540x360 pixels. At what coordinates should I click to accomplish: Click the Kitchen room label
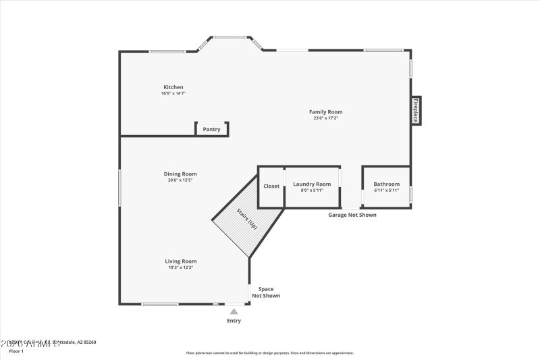[x=173, y=87]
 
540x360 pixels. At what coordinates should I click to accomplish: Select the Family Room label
[x=325, y=112]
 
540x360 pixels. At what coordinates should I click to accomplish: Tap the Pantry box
[x=211, y=129]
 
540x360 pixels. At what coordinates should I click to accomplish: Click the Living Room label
[x=181, y=261]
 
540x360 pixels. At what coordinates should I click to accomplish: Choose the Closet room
[x=271, y=186]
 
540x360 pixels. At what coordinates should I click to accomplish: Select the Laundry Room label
[x=311, y=184]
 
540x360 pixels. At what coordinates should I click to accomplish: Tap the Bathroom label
[x=387, y=184]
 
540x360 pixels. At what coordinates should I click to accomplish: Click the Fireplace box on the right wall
[x=416, y=110]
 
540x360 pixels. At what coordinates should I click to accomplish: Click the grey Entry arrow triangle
[x=234, y=311]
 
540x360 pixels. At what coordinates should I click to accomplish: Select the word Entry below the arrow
[x=234, y=321]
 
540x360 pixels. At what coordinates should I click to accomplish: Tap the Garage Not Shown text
[x=352, y=215]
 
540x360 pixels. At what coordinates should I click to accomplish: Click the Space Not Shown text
[x=266, y=292]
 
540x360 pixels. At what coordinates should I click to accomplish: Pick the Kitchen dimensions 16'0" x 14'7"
[x=173, y=94]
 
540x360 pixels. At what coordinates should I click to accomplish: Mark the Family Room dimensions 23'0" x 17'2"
[x=325, y=118]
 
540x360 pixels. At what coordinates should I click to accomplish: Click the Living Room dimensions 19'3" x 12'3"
[x=181, y=267]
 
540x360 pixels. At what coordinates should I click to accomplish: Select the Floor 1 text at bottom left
[x=16, y=351]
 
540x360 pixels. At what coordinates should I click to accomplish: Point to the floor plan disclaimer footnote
[x=269, y=353]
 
